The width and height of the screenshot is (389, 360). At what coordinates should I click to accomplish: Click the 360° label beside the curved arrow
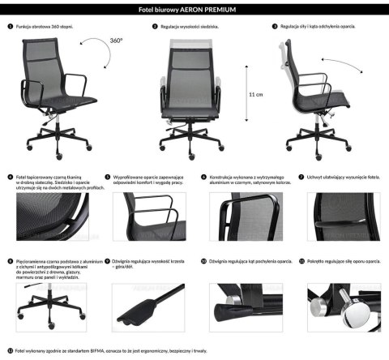(117, 40)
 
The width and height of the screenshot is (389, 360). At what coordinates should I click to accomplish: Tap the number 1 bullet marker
(10, 26)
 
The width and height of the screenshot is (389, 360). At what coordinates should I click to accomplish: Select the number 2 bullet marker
(155, 26)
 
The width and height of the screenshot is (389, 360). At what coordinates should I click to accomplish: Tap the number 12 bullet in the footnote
(9, 351)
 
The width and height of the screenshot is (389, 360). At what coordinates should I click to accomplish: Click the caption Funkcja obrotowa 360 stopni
(45, 26)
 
